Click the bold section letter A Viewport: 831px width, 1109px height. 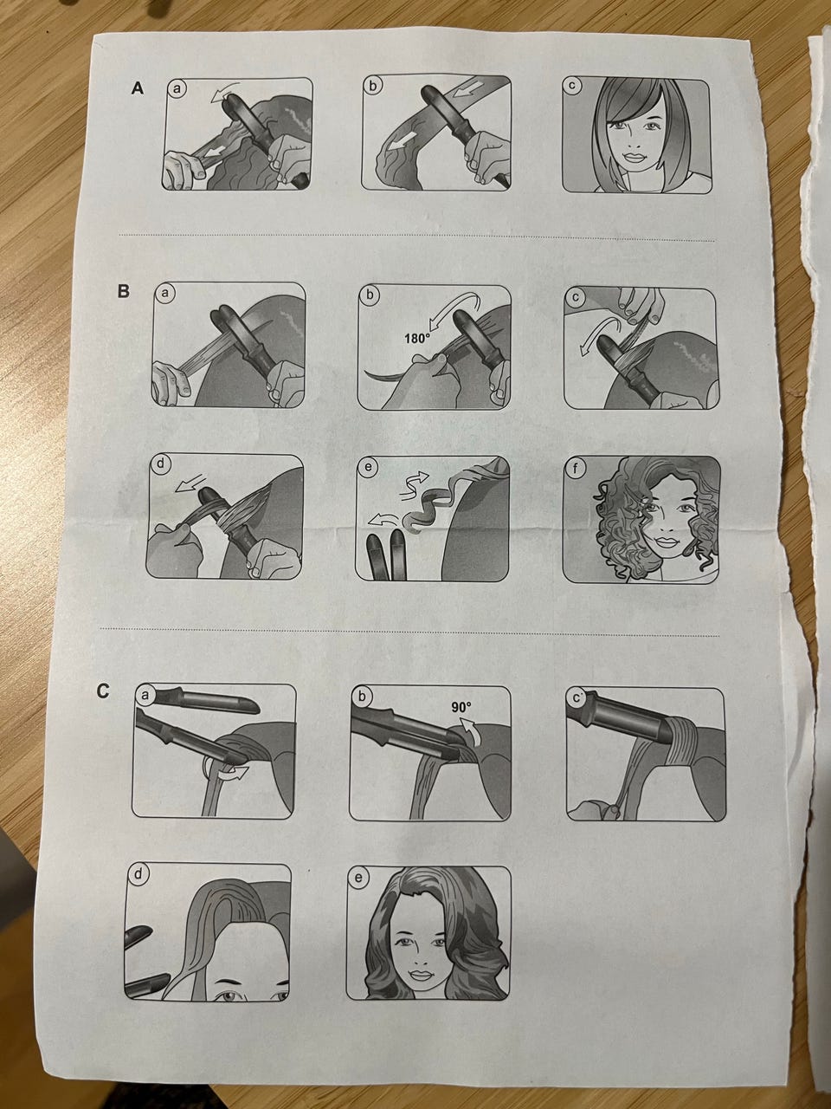138,88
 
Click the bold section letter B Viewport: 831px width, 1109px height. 123,291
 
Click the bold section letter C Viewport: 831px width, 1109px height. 102,691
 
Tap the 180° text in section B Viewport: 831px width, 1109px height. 416,338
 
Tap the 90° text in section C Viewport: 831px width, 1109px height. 461,707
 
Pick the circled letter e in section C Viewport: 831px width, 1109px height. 358,877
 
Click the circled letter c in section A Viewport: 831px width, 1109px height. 571,86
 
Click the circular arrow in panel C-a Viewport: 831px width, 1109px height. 222,769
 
